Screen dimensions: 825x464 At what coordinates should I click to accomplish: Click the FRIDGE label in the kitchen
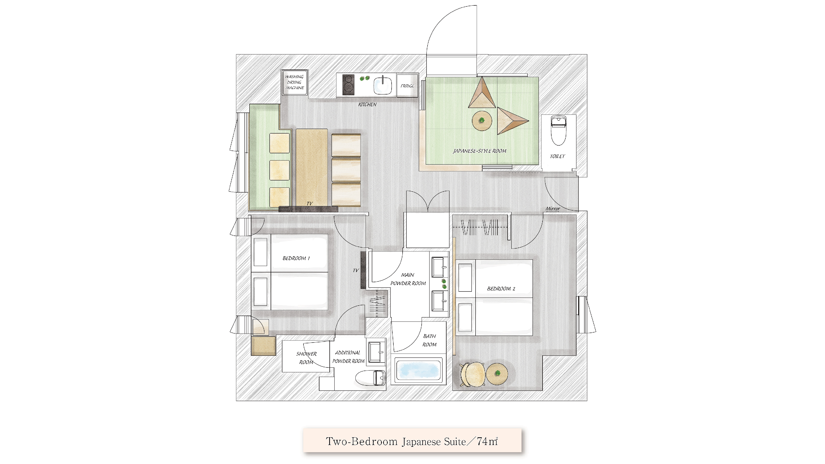pos(407,86)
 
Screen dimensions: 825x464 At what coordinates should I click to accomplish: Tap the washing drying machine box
pos(295,82)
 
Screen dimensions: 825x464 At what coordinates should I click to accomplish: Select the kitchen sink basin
pos(383,86)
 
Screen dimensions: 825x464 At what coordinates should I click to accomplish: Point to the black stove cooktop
pos(348,84)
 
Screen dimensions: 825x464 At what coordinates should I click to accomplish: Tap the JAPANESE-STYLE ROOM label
pos(479,151)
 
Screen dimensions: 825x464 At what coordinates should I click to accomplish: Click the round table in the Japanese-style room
pos(482,120)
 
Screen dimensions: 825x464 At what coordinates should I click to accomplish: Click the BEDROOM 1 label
pos(296,258)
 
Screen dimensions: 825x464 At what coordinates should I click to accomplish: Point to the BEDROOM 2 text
pos(501,289)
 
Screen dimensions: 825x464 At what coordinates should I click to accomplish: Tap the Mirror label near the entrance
pos(553,209)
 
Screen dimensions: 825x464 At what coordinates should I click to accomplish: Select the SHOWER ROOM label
pos(306,358)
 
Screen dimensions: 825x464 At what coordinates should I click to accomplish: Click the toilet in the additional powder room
pos(370,378)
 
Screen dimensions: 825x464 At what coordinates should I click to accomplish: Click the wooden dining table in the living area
pos(312,167)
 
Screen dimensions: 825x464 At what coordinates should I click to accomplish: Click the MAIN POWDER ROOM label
pos(408,279)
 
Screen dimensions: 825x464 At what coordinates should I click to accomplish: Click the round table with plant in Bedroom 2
pos(497,373)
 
